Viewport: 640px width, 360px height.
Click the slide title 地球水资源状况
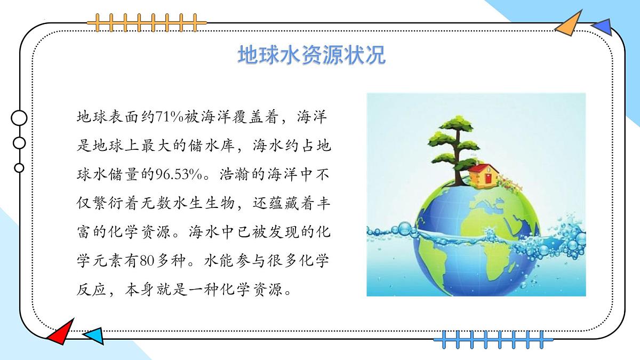pyautogui.click(x=311, y=55)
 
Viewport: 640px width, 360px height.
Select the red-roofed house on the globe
pyautogui.click(x=484, y=174)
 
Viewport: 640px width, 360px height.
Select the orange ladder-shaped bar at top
pyautogui.click(x=147, y=22)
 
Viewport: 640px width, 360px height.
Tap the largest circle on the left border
pyautogui.click(x=19, y=118)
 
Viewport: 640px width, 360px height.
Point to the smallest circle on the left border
pyautogui.click(x=19, y=168)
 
